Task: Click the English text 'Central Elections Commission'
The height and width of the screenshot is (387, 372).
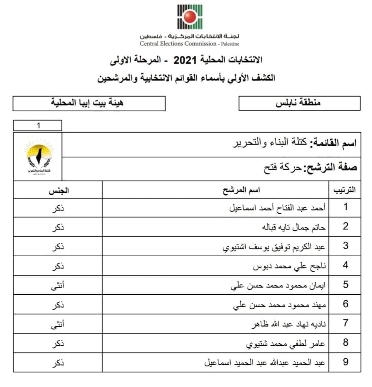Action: pyautogui.click(x=178, y=44)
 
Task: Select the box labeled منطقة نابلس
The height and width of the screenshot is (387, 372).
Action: pyautogui.click(x=299, y=103)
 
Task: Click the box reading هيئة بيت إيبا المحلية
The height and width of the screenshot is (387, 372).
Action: pyautogui.click(x=89, y=103)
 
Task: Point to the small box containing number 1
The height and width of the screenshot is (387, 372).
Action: pyautogui.click(x=38, y=125)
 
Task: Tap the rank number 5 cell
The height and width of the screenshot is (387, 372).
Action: pyautogui.click(x=345, y=285)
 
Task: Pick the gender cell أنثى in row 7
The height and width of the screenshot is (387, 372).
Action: pyautogui.click(x=58, y=323)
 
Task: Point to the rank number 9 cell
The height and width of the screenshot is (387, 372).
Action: pyautogui.click(x=345, y=362)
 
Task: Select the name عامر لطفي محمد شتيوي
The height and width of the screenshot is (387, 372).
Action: pyautogui.click(x=286, y=343)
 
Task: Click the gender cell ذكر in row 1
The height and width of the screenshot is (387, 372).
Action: pyautogui.click(x=59, y=208)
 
